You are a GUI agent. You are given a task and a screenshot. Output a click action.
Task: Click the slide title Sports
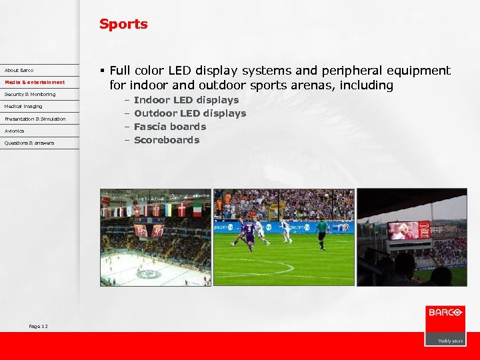click(123, 24)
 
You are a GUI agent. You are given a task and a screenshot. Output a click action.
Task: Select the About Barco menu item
click(19, 70)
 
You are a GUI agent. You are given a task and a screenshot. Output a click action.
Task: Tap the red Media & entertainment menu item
click(35, 82)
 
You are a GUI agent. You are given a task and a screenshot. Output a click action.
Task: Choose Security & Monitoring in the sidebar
click(30, 94)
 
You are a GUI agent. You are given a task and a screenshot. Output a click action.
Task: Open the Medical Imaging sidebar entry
click(23, 106)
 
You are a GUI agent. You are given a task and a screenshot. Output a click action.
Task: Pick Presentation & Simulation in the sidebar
click(35, 119)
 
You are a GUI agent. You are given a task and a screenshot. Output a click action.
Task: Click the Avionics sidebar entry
click(14, 131)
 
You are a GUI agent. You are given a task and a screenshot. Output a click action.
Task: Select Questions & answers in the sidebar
click(29, 143)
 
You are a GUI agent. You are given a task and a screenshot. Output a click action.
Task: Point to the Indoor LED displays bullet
click(186, 100)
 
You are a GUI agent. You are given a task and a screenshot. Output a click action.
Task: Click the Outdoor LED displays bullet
click(190, 113)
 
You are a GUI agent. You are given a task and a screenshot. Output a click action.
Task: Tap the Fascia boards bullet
click(170, 127)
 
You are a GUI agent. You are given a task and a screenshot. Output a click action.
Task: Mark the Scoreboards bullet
click(167, 140)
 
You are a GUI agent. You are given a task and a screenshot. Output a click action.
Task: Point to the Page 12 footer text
click(38, 326)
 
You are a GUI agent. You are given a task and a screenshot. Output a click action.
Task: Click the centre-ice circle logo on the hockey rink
click(148, 273)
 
